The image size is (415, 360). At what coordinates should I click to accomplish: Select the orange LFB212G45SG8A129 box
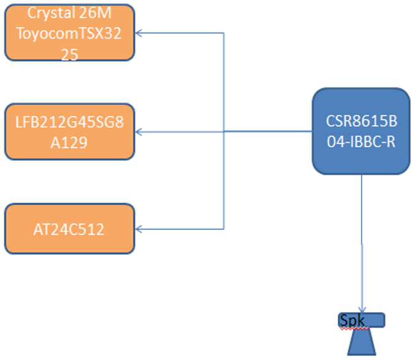pos(69,131)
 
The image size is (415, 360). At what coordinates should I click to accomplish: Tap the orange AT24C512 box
pos(69,229)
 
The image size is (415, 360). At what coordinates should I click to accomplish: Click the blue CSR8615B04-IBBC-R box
pos(361,131)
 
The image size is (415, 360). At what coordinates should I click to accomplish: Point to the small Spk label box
pos(362,320)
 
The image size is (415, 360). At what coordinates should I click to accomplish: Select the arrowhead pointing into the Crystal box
pos(139,33)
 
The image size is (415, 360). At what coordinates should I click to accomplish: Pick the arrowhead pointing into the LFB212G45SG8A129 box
pos(139,131)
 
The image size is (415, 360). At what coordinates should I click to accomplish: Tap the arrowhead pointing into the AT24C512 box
pos(139,229)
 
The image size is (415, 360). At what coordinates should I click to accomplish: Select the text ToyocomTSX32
pos(69,34)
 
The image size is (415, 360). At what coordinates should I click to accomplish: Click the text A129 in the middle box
pos(69,142)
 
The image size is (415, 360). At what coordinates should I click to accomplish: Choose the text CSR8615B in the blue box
pos(361,121)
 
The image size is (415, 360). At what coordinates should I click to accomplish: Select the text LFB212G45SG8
pos(69,121)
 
